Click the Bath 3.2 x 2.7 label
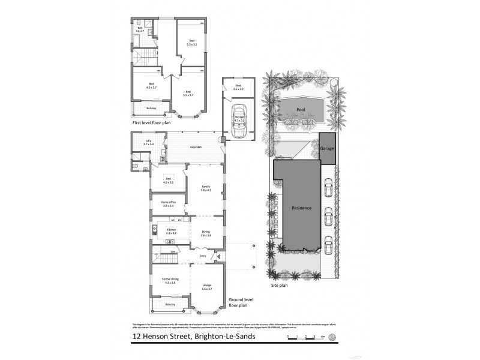(x=140, y=29)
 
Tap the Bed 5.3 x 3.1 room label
(x=191, y=43)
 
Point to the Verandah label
(x=195, y=148)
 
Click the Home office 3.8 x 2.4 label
(x=167, y=204)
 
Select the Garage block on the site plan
(x=327, y=147)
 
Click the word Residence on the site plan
(x=301, y=208)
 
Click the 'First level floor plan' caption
(x=152, y=122)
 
